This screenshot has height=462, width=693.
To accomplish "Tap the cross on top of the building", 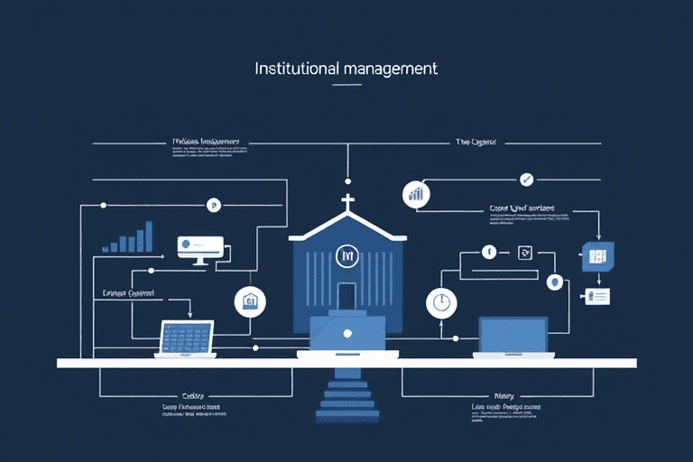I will [346, 201].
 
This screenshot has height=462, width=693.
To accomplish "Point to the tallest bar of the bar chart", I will [147, 236].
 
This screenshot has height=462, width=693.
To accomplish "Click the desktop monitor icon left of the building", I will [199, 248].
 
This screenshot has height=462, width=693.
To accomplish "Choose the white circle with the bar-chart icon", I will [416, 194].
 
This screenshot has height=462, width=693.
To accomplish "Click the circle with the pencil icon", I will [527, 179].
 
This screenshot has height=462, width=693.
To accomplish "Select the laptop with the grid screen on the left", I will [187, 338].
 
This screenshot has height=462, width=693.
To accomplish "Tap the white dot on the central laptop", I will [346, 333].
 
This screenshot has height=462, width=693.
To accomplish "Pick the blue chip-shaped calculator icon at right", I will [596, 256].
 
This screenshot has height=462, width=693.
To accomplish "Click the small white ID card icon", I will [597, 296].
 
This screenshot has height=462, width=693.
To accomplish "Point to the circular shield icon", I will [554, 282].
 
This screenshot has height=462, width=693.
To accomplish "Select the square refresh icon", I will [523, 253].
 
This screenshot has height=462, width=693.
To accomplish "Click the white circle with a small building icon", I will [249, 302].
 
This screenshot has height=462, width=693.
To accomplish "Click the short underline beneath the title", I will [346, 85].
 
